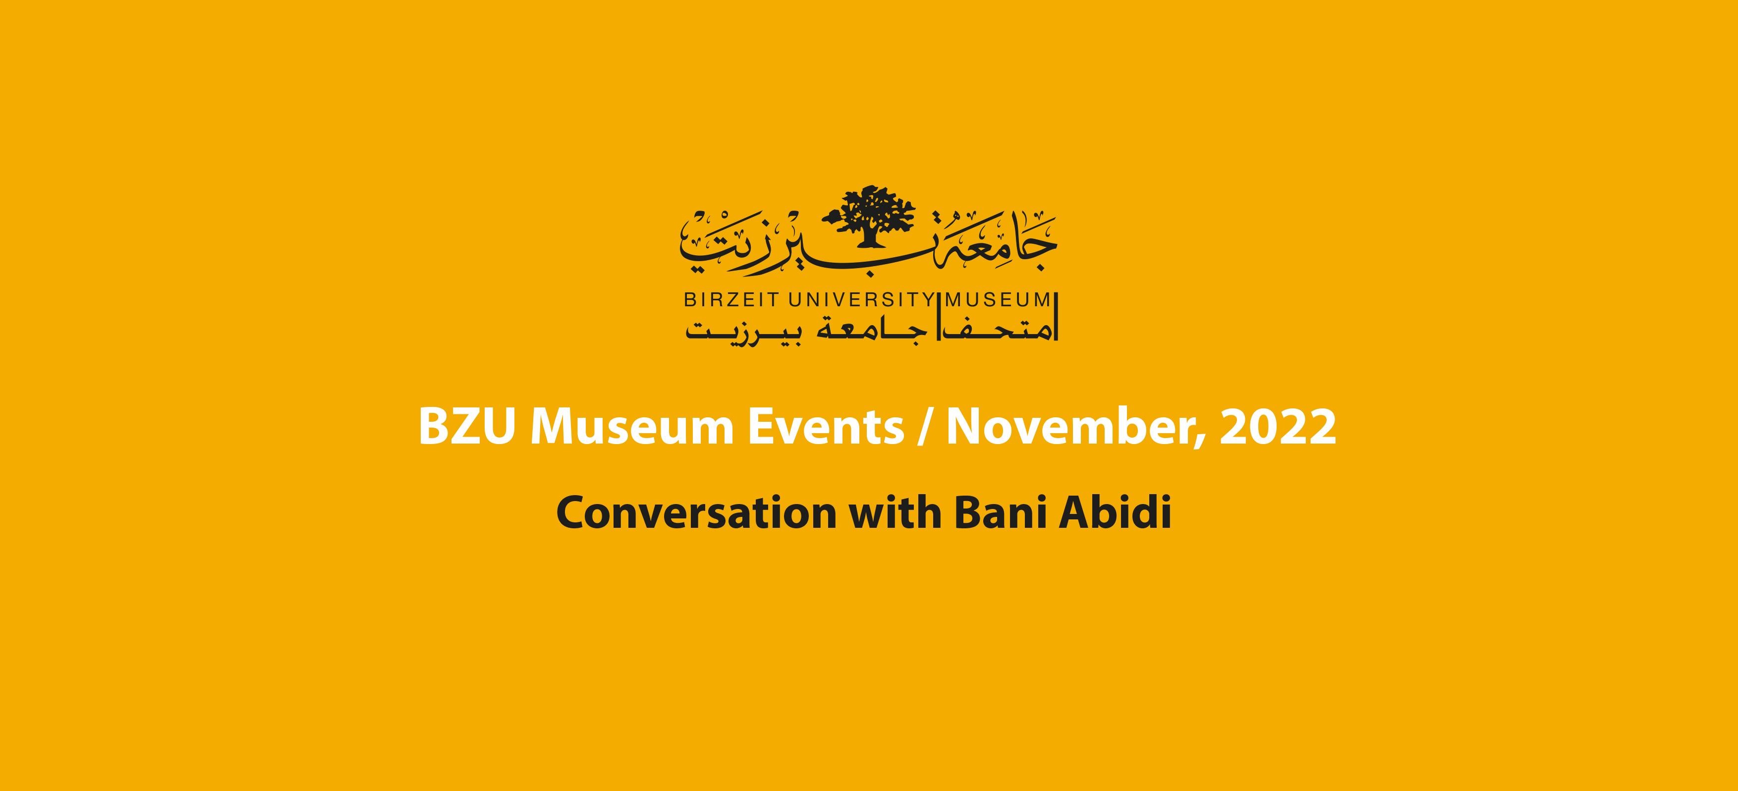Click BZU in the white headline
(467, 427)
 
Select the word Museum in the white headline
(632, 427)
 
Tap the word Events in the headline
(826, 427)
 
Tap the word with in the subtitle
(895, 512)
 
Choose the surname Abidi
(1115, 512)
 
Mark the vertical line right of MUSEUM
(1056, 316)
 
